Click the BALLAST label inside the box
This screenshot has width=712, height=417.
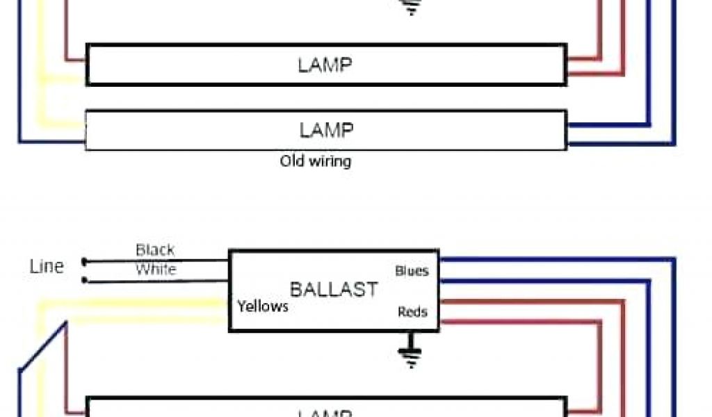point(334,289)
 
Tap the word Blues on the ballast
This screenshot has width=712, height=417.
point(412,270)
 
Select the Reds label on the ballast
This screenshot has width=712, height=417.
point(412,311)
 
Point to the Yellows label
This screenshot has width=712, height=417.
point(262,306)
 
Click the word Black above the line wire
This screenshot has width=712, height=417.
point(155,250)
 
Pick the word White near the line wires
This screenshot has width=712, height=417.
point(156,269)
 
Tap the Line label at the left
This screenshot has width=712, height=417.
point(47,266)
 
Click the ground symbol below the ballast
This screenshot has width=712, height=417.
point(410,352)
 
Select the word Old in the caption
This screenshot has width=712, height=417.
point(293,161)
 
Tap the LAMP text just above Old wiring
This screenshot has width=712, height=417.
point(326,130)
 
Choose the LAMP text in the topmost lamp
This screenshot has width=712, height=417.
point(325,65)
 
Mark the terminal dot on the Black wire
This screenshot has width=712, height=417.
point(84,261)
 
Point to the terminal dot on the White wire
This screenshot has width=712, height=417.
point(84,280)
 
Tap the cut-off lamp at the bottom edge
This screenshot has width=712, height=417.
point(325,408)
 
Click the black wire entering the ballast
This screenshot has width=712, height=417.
point(160,261)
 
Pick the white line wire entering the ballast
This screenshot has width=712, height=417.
point(160,280)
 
